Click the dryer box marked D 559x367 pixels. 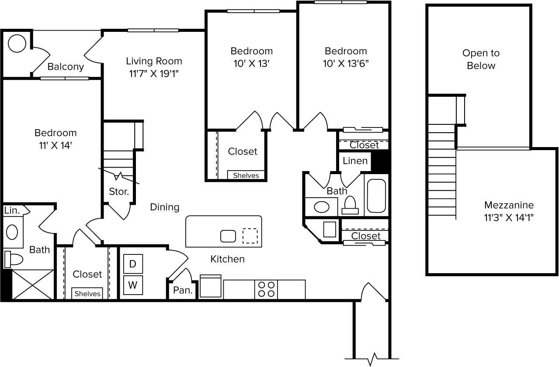point(133,264)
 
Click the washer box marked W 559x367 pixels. point(133,285)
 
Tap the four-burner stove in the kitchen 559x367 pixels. point(266,289)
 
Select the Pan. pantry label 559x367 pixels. point(183,290)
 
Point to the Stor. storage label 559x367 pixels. point(118,191)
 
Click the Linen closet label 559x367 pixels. point(355,161)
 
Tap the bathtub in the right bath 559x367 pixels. point(376,195)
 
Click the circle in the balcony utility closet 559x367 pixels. point(17,43)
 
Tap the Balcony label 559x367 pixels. point(66,67)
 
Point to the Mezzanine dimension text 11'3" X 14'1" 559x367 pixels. point(509,217)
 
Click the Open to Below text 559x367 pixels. point(481,59)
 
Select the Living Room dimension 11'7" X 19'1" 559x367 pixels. point(154,73)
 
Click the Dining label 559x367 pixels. point(165,207)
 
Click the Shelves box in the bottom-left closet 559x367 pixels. point(87,294)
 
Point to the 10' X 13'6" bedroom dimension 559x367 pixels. point(346,63)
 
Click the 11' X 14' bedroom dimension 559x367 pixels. point(56,145)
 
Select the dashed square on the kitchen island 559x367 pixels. point(250,236)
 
